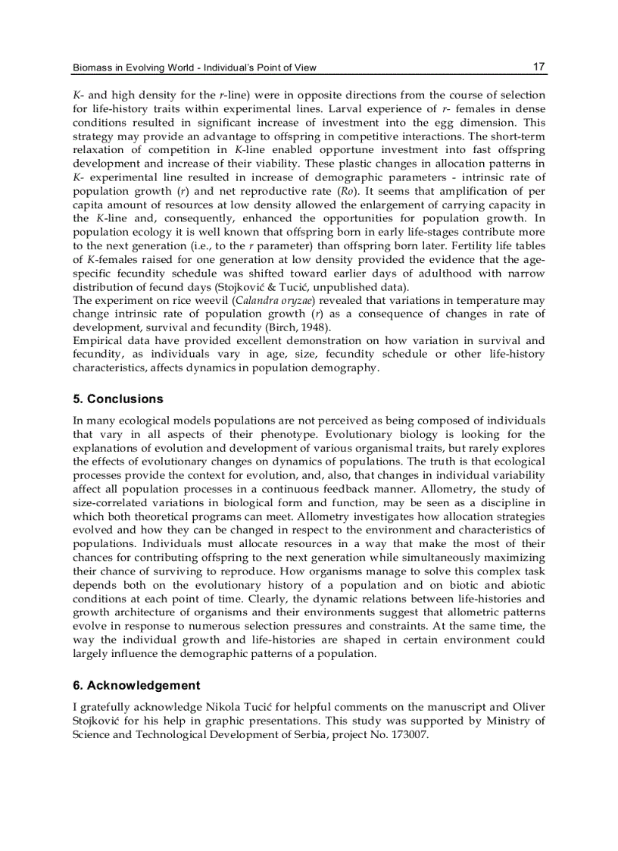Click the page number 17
point(539,67)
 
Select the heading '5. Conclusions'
point(117,399)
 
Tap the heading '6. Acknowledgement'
point(136,685)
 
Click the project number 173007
point(409,734)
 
